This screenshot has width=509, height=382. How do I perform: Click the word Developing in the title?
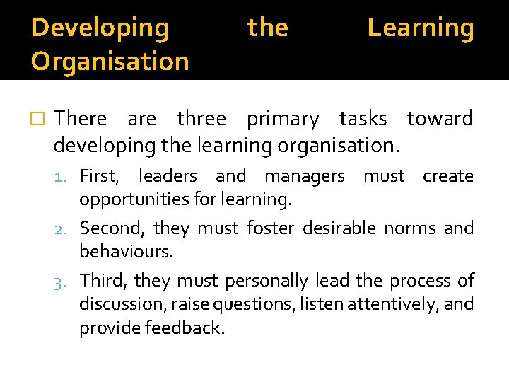tap(100, 28)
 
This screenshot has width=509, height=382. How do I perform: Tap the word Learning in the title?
tap(421, 28)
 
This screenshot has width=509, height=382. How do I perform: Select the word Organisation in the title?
tap(110, 62)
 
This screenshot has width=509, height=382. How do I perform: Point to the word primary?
tap(283, 120)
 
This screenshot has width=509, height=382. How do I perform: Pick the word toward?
tap(440, 119)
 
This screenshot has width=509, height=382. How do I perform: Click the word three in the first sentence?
tap(201, 119)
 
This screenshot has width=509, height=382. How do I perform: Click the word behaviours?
tap(127, 252)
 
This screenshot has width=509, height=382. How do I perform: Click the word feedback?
tap(183, 328)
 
